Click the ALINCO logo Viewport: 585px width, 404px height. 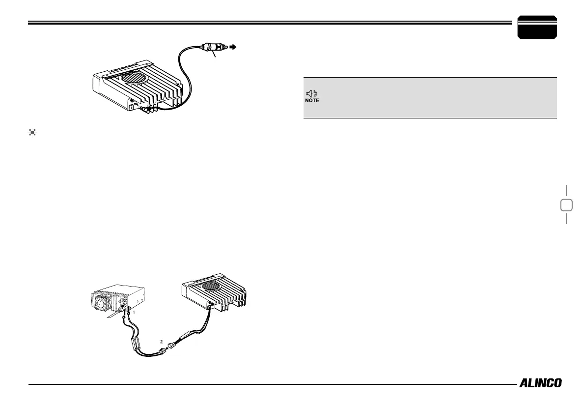tap(540, 383)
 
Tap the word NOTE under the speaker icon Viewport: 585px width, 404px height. tap(312, 100)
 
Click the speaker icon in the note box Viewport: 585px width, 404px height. tap(312, 93)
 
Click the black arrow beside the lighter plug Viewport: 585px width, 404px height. tap(233, 47)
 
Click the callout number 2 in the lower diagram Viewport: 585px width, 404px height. tap(161, 341)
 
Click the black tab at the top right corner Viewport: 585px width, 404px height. tap(537, 28)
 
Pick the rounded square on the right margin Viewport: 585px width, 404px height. tap(566, 204)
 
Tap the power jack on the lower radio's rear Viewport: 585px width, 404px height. tap(210, 305)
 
